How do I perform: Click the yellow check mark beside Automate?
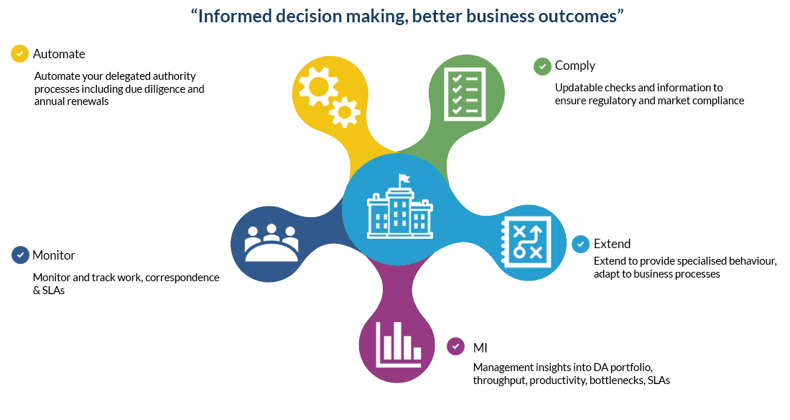(19, 53)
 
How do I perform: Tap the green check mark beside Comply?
(542, 66)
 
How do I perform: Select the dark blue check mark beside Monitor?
(20, 255)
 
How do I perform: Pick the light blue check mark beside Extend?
(580, 244)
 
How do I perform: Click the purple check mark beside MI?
(455, 347)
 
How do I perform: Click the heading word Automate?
(59, 54)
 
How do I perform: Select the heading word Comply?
(575, 66)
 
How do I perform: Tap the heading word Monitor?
(53, 255)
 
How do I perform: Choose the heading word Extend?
(612, 244)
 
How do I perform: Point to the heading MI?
(480, 348)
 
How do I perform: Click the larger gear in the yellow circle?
(318, 86)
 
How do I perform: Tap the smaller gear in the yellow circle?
(345, 113)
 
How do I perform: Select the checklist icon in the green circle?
(465, 94)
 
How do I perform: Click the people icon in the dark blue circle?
(271, 243)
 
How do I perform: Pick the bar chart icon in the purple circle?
(398, 344)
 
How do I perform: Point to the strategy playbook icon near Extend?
(526, 242)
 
